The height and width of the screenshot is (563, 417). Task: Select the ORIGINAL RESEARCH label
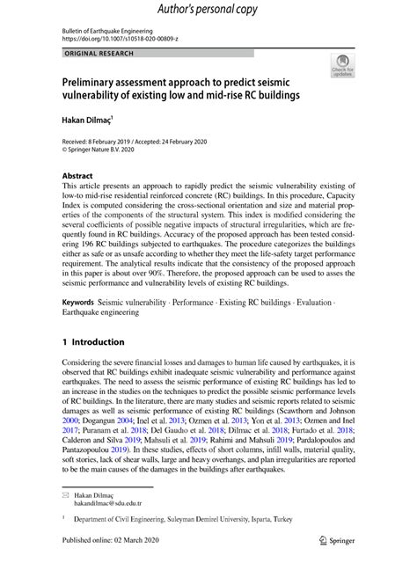(x=98, y=55)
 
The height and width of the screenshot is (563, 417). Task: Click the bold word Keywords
(x=78, y=302)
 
